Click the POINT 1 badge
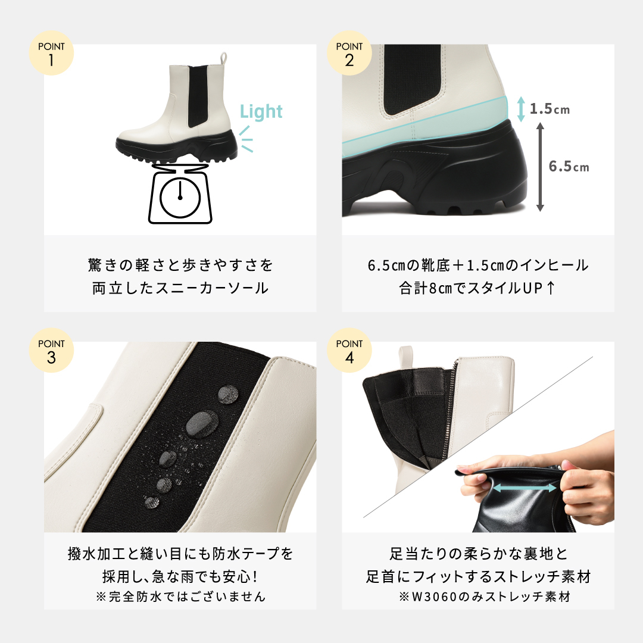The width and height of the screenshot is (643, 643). [x=51, y=54]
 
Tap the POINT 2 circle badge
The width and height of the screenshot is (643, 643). [x=349, y=54]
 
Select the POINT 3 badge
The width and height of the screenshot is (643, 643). [x=51, y=351]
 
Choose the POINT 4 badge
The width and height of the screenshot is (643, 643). [x=349, y=351]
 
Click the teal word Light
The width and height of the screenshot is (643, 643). [x=261, y=111]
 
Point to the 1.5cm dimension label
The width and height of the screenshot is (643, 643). [x=550, y=109]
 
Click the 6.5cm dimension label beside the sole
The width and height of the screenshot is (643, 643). [x=569, y=167]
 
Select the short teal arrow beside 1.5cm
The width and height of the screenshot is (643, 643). [x=521, y=110]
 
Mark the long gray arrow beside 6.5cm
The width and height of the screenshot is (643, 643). [x=540, y=167]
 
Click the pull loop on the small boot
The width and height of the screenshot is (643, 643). [x=224, y=58]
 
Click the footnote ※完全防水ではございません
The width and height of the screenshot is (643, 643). [x=180, y=596]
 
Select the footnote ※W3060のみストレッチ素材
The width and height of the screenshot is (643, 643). [x=484, y=596]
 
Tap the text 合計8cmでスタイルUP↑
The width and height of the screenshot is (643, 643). [x=478, y=289]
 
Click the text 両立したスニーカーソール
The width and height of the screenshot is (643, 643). [x=180, y=289]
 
